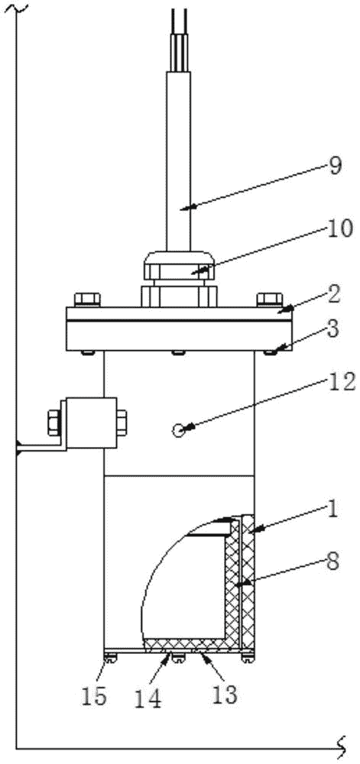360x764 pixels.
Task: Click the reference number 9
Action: click(335, 166)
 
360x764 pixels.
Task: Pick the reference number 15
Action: click(93, 698)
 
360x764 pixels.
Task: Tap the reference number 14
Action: click(148, 700)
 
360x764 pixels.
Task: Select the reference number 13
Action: click(224, 695)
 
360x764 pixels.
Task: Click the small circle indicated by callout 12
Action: click(179, 429)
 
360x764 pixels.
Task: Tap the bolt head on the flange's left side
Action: click(87, 299)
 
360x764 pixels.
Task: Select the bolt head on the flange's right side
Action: click(269, 299)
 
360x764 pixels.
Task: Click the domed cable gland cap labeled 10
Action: click(180, 264)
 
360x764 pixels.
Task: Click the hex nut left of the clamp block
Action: click(54, 422)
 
